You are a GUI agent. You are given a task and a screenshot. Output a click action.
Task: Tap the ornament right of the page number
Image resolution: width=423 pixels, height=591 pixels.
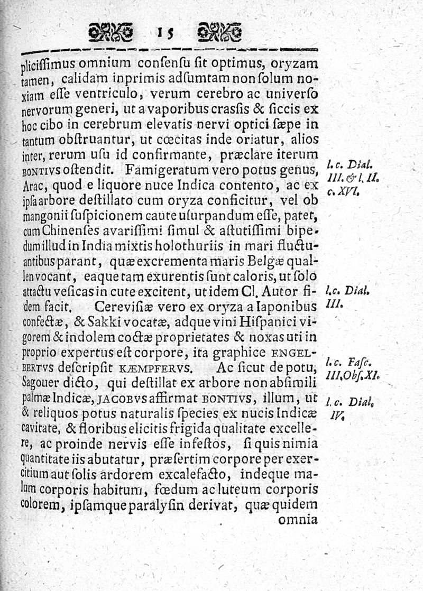(x=219, y=33)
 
